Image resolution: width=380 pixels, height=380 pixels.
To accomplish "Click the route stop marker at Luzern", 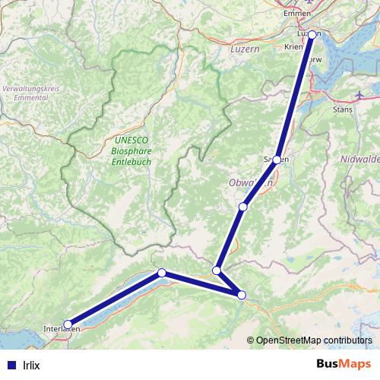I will (312, 34).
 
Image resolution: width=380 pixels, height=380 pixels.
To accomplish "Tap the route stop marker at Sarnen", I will (277, 160).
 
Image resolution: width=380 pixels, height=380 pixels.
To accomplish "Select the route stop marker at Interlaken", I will (68, 325).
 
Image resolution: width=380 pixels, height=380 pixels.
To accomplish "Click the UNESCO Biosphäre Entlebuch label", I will (131, 150).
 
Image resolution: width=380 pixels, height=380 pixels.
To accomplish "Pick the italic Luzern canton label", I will (244, 48).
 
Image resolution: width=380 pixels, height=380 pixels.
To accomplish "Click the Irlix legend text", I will (31, 365).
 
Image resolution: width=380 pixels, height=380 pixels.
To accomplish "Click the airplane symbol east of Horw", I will (360, 95).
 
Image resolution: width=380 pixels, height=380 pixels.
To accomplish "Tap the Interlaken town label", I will (61, 328).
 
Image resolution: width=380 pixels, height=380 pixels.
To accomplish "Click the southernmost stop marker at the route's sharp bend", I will (242, 295).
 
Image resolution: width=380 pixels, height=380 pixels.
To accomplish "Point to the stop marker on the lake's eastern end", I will (161, 273).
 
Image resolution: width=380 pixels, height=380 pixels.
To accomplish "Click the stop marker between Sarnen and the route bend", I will (242, 207).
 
